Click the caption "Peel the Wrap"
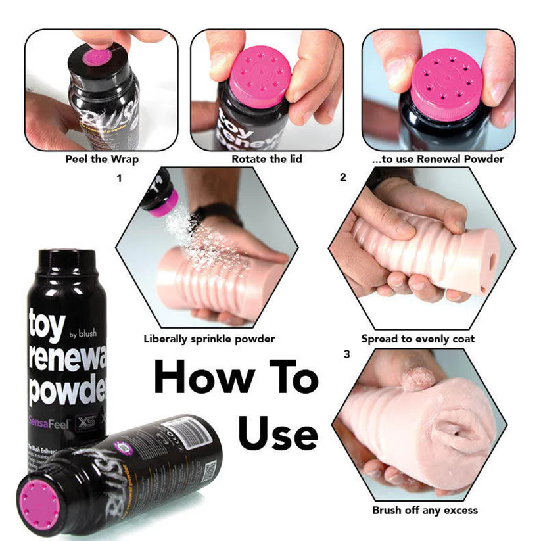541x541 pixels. (102, 160)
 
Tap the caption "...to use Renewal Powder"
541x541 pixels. (438, 160)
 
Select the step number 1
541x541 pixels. (119, 178)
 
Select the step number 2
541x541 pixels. (343, 178)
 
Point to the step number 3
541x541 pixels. (346, 355)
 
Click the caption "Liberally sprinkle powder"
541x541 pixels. (209, 339)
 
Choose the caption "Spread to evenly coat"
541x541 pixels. (418, 339)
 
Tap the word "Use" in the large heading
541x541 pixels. (277, 434)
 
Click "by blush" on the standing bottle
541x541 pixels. (82, 333)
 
